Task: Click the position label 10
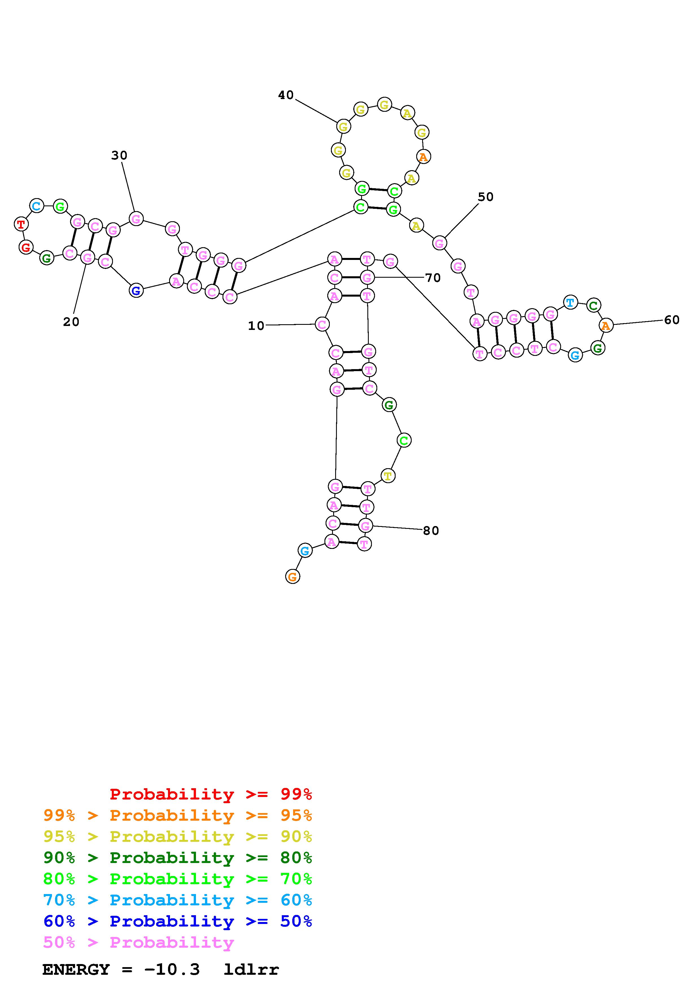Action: coord(256,326)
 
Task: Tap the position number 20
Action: coord(71,322)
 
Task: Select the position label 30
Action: coord(119,155)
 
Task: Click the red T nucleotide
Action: coord(21,224)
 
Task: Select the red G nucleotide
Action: coord(26,247)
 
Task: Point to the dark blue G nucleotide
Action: coord(136,291)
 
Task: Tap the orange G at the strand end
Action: coord(293,577)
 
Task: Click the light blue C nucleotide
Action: coord(37,206)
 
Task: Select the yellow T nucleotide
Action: coord(388,476)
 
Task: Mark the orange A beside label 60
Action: coord(606,326)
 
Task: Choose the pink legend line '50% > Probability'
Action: coord(138,942)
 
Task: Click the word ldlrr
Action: coord(251,969)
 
